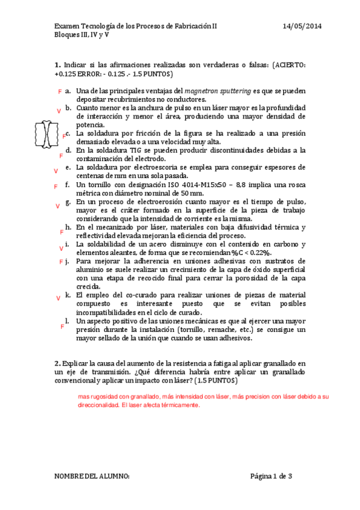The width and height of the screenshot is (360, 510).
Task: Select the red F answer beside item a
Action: (59, 91)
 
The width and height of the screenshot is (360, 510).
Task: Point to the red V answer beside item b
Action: (58, 111)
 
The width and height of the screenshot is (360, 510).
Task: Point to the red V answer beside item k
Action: (58, 298)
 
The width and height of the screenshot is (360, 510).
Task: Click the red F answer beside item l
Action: (63, 326)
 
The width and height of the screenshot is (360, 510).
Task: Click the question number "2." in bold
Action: (57, 363)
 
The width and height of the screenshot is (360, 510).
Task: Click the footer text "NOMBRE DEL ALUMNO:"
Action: (92, 477)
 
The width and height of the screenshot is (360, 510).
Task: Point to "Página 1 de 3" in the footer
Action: (271, 477)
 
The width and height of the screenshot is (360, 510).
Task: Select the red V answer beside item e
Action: (56, 171)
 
